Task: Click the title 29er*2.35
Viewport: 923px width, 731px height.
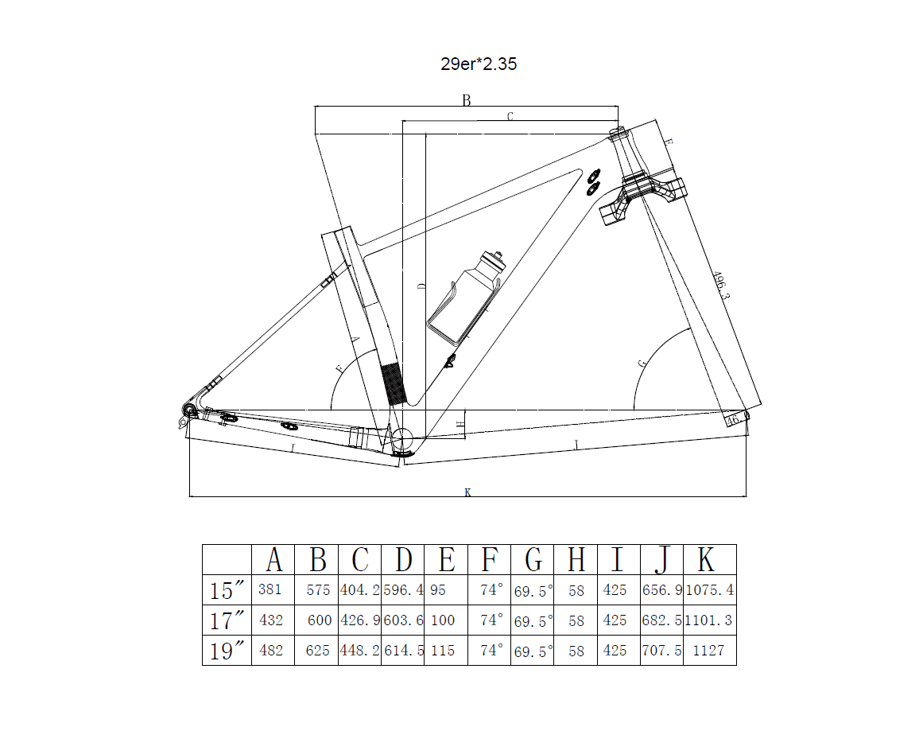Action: [479, 64]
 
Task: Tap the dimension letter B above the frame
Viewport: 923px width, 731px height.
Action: [466, 100]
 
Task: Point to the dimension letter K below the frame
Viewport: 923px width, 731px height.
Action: [467, 492]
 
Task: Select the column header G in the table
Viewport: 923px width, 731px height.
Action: [533, 560]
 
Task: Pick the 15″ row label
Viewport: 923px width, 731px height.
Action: [227, 590]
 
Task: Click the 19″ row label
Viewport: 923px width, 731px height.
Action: [227, 651]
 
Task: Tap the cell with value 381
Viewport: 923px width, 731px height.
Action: [270, 589]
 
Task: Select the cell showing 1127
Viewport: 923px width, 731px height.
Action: [708, 651]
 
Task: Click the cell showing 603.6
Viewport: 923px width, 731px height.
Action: [403, 620]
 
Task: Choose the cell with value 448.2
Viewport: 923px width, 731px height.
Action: [359, 651]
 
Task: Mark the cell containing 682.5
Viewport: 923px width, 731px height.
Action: [662, 620]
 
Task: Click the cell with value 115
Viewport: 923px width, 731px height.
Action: [443, 651]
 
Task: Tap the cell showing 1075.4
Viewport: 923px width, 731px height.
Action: [710, 589]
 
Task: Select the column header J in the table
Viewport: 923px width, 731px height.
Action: [662, 560]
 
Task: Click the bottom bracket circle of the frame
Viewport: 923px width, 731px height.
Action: [402, 439]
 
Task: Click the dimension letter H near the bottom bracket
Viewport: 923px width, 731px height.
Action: [461, 423]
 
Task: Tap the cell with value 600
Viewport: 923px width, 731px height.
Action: [320, 620]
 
